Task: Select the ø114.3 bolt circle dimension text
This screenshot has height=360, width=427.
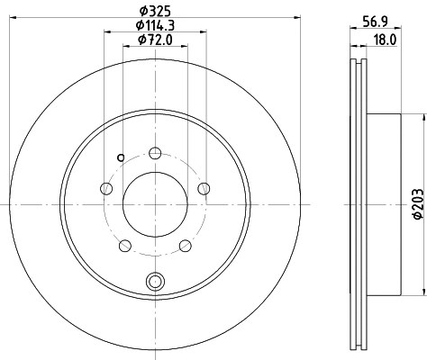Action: click(x=154, y=26)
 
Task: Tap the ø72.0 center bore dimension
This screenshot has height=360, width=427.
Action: click(x=154, y=41)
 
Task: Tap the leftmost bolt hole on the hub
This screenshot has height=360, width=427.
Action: click(x=106, y=188)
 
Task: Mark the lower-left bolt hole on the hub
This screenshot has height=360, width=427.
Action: click(x=124, y=245)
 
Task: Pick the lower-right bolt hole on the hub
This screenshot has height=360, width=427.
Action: click(x=185, y=245)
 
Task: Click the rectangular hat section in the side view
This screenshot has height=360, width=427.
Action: click(x=383, y=204)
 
